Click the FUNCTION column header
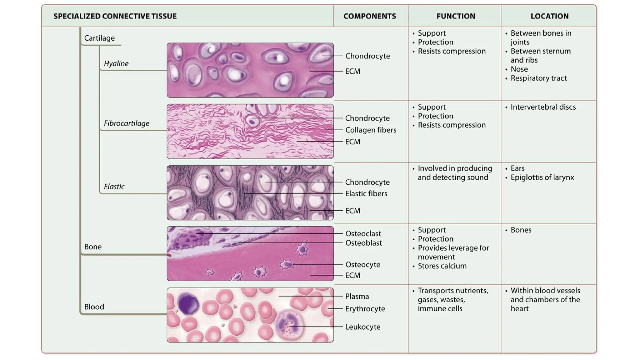[456, 16]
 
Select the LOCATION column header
[549, 16]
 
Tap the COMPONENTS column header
[370, 16]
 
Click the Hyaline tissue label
[116, 63]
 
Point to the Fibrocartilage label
[127, 123]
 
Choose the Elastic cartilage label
[114, 187]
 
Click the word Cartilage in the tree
[99, 38]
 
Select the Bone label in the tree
[93, 247]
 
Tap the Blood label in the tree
[94, 307]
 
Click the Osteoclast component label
[363, 233]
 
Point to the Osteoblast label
[363, 243]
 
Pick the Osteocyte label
[362, 264]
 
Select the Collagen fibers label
[371, 130]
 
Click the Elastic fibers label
[366, 193]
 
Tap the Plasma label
[357, 296]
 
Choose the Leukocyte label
[362, 327]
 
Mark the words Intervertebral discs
[543, 107]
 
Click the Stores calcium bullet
[442, 266]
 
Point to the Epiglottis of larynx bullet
[542, 177]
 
